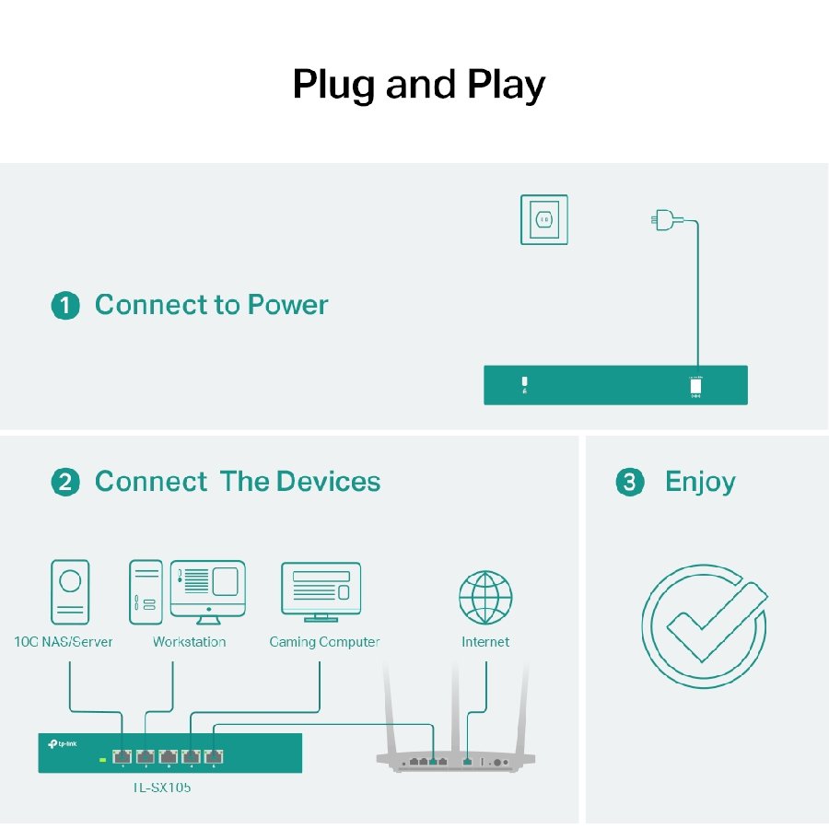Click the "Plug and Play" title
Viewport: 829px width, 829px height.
pyautogui.click(x=418, y=85)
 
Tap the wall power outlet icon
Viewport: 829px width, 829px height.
pyautogui.click(x=543, y=219)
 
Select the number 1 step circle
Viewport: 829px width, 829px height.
pyautogui.click(x=64, y=306)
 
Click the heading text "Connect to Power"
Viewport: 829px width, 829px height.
pyautogui.click(x=211, y=305)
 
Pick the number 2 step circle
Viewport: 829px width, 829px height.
pyautogui.click(x=64, y=483)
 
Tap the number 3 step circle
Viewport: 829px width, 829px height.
pyautogui.click(x=629, y=483)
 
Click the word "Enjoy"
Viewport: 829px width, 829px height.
pyautogui.click(x=700, y=482)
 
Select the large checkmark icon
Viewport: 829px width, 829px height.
pyautogui.click(x=705, y=625)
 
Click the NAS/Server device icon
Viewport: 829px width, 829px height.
pyautogui.click(x=70, y=592)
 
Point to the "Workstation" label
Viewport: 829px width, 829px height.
pyautogui.click(x=189, y=642)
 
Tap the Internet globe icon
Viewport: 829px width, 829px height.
pyautogui.click(x=485, y=597)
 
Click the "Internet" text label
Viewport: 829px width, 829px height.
pyautogui.click(x=485, y=642)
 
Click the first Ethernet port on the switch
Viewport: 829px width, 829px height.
pyautogui.click(x=123, y=757)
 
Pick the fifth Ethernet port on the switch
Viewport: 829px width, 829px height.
pyautogui.click(x=215, y=757)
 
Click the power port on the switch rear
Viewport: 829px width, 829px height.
pyautogui.click(x=695, y=387)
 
